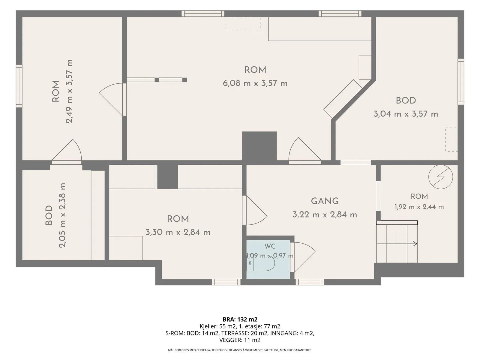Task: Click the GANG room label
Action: pos(325,201)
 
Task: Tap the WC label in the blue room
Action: pos(270,246)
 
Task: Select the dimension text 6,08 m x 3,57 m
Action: pos(255,83)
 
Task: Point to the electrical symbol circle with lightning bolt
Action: pos(441,177)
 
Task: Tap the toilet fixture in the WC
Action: pos(261,263)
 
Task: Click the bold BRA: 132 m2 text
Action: pos(240,319)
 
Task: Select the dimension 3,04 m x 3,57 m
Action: pos(406,114)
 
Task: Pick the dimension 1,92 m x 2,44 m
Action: pos(419,207)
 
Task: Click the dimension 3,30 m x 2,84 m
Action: pos(178,232)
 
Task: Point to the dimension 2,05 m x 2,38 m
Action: pos(62,215)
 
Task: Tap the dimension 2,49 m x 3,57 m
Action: pos(69,91)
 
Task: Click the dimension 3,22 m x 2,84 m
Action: pos(325,214)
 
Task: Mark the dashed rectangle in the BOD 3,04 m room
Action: pos(451,139)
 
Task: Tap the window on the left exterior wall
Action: pos(19,86)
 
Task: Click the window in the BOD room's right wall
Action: pos(461,81)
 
